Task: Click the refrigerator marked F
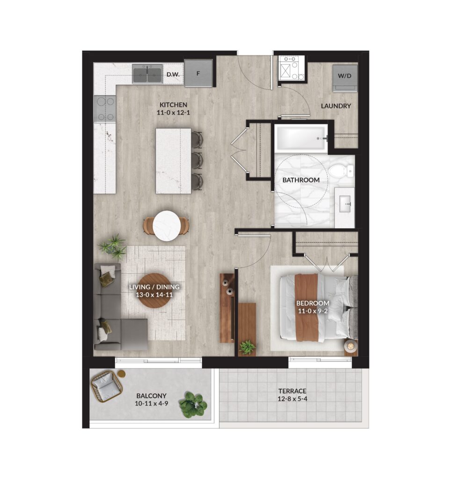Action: [198, 73]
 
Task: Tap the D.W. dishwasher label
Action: [173, 74]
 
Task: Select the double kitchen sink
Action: [147, 73]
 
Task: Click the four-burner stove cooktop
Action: [105, 109]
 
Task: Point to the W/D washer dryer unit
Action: [345, 78]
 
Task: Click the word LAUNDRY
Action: [336, 106]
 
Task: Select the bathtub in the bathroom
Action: [300, 138]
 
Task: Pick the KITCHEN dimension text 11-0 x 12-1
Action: [173, 112]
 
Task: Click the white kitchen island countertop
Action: [173, 161]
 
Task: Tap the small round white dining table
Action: [166, 226]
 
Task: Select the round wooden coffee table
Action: [155, 290]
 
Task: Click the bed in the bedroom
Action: [318, 307]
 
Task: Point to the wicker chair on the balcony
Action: [107, 386]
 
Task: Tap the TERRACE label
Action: [292, 391]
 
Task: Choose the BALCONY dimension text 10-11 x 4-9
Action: [151, 404]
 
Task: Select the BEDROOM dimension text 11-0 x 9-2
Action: [313, 311]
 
